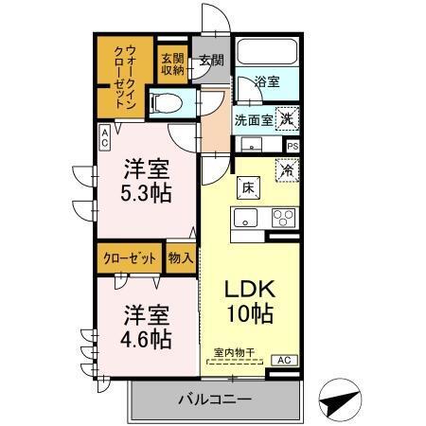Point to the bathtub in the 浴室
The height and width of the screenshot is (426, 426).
(x=266, y=55)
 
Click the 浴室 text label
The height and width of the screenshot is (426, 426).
(x=267, y=84)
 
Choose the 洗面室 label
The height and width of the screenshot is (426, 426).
(x=255, y=120)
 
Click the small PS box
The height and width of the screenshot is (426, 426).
(x=293, y=146)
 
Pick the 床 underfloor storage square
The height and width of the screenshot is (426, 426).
(x=244, y=187)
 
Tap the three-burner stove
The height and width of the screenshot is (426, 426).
(x=282, y=217)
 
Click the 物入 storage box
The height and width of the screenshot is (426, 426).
(x=181, y=257)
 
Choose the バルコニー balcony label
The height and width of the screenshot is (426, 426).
(x=215, y=399)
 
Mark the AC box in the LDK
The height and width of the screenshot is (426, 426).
(x=283, y=360)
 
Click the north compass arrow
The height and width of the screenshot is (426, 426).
(x=340, y=400)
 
